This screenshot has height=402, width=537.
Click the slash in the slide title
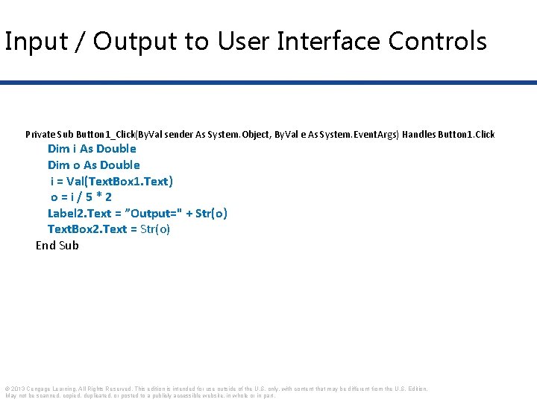[78, 42]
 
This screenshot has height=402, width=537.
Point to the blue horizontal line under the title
[268, 82]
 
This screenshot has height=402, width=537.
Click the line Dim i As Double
[92, 149]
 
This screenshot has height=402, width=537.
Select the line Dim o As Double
[93, 165]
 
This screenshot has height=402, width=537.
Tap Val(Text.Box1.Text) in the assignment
[119, 182]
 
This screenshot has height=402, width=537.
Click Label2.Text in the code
[78, 214]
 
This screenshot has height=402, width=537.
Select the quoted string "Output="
[157, 214]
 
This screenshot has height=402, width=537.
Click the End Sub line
[57, 246]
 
